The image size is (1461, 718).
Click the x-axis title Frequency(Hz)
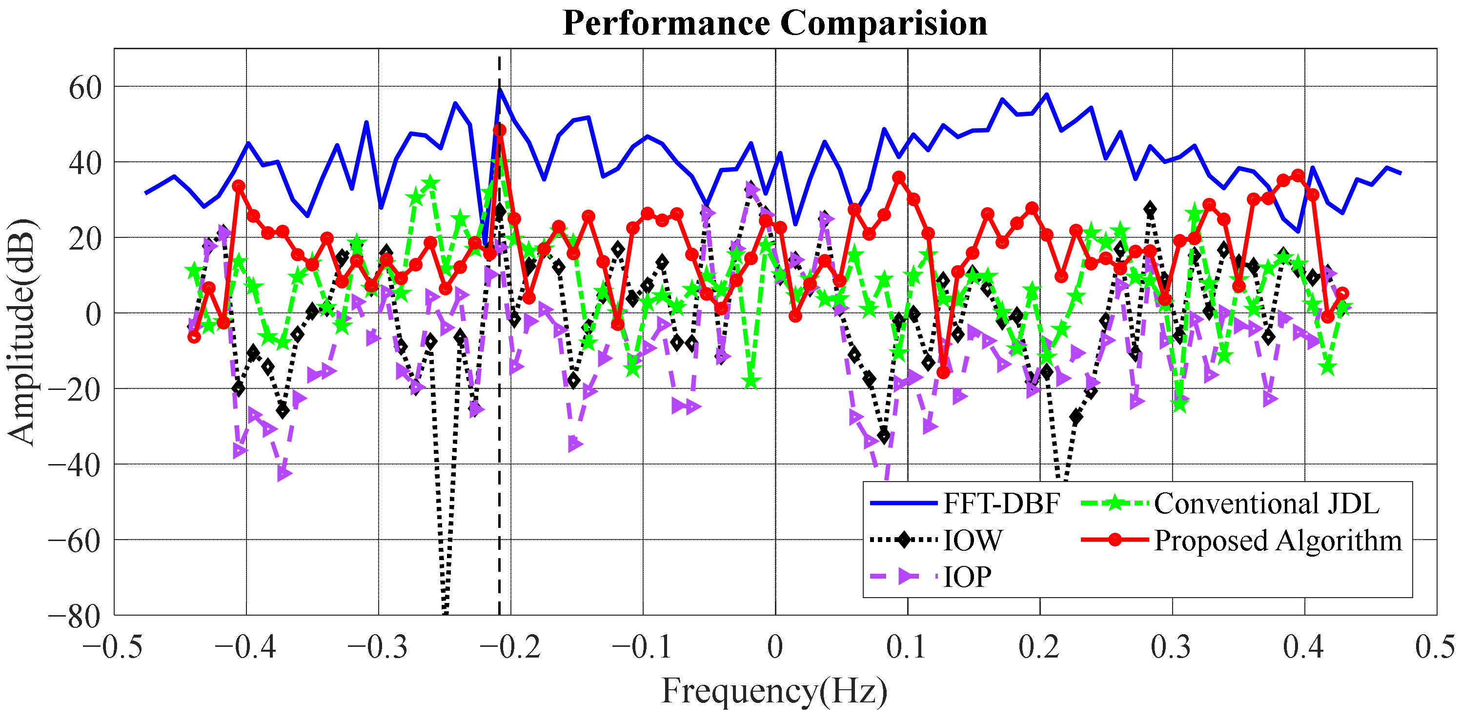(x=775, y=691)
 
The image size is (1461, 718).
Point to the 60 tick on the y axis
(x=85, y=88)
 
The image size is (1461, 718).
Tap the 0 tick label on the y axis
(x=93, y=314)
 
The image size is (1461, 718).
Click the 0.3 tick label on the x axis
(x=1171, y=647)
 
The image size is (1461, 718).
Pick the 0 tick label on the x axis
(x=775, y=647)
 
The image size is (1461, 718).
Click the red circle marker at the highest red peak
(x=499, y=130)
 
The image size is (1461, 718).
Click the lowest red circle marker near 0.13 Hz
(x=943, y=372)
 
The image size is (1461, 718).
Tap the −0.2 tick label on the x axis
(x=510, y=647)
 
